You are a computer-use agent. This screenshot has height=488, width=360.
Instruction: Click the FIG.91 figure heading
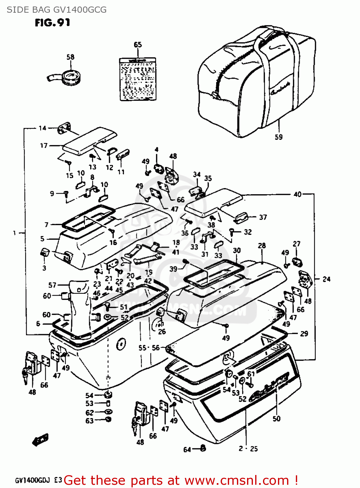(x=52, y=22)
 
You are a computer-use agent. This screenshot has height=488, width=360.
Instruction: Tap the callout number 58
(x=70, y=57)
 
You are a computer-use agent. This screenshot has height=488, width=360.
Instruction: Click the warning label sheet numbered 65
(x=138, y=79)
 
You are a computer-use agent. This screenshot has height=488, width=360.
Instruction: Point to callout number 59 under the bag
(x=279, y=137)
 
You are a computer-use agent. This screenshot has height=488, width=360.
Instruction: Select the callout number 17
(x=44, y=145)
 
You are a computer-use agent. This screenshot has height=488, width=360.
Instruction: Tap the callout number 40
(x=298, y=194)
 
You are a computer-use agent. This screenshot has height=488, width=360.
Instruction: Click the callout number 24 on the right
(x=326, y=279)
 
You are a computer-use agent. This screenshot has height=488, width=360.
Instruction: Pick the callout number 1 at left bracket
(x=14, y=233)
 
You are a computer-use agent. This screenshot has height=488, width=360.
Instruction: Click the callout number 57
(x=52, y=285)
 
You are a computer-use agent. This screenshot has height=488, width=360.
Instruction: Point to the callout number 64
(x=187, y=450)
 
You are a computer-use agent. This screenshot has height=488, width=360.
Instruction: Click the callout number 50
(x=276, y=418)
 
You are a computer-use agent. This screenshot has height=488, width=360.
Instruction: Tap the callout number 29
(x=304, y=333)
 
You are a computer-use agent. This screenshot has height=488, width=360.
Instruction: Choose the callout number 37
(x=263, y=217)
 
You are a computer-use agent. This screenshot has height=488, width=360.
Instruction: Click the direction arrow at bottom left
(x=41, y=440)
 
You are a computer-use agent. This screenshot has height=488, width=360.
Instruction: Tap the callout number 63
(x=90, y=421)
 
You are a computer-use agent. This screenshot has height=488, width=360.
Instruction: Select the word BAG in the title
(x=40, y=10)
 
